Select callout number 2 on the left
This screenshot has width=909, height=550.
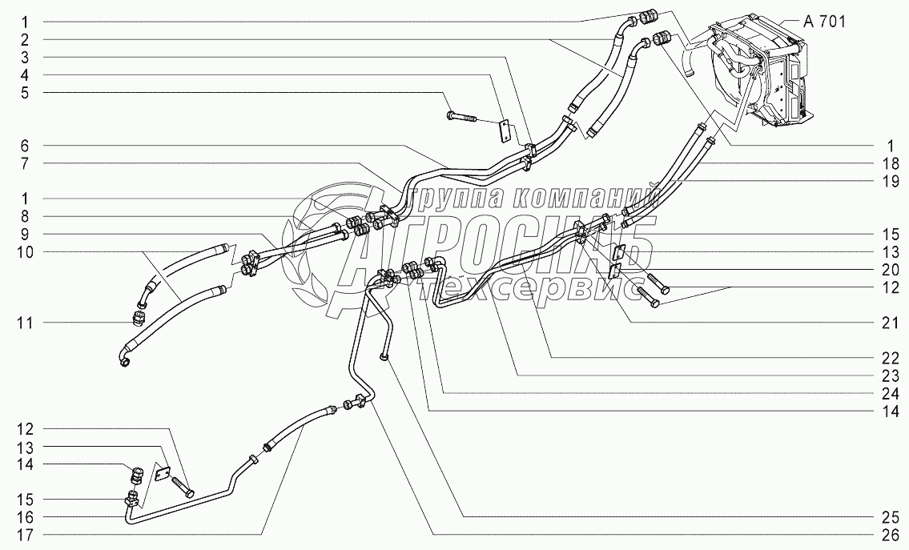25,39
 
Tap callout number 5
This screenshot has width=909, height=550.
25,93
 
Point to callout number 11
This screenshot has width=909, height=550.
25,323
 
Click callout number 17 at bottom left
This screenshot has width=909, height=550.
25,533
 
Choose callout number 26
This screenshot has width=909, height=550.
887,534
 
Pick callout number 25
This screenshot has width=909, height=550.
887,516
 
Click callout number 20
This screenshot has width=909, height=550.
887,269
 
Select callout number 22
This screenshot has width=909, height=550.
887,357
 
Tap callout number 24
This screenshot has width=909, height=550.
887,392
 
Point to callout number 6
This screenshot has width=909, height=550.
25,146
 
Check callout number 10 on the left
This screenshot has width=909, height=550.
25,251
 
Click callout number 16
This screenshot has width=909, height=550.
25,516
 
